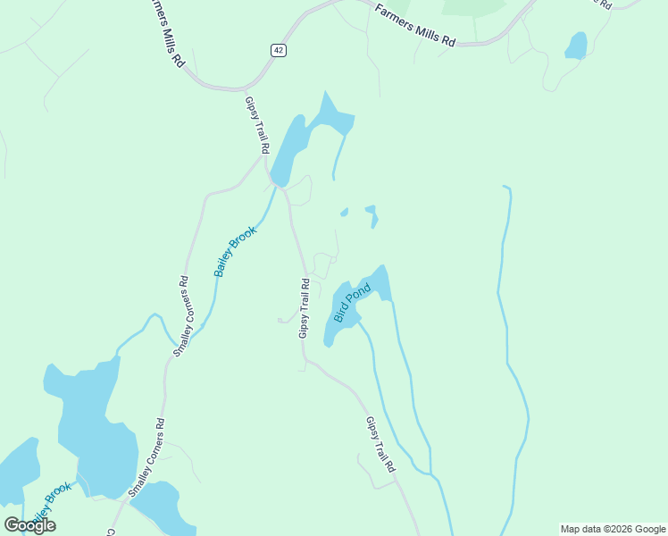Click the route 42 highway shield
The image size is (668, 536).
click(279, 51)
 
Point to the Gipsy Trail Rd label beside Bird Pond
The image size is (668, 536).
click(305, 308)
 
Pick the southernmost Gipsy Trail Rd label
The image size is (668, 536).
click(380, 444)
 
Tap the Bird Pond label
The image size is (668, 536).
click(351, 303)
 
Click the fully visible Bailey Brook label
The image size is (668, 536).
click(236, 251)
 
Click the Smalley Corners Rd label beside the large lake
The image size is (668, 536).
click(146, 457)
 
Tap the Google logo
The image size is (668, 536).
click(29, 525)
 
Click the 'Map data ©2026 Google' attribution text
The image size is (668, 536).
click(613, 529)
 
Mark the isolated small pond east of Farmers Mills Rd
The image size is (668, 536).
click(577, 46)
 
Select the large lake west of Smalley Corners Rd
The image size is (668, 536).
click(89, 429)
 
